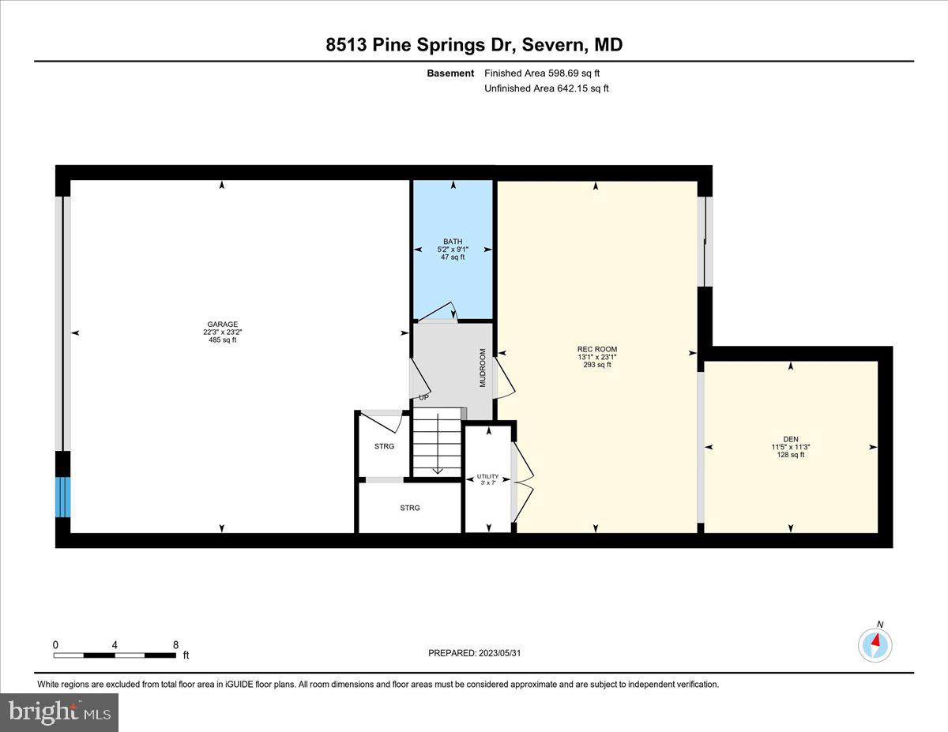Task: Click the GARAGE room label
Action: tap(223, 324)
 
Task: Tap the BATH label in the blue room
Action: tap(453, 241)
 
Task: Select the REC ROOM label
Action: tap(596, 349)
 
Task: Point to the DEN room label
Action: tap(791, 439)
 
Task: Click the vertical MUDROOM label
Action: tap(483, 367)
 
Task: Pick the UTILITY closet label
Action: tap(487, 476)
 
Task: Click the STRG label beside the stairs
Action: tap(384, 446)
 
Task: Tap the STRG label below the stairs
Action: tap(410, 508)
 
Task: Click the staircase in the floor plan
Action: tap(437, 442)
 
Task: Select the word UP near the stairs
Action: tap(423, 397)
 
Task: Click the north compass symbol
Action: tap(875, 644)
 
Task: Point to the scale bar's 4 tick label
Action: tap(115, 644)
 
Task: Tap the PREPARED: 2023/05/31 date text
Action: tap(474, 653)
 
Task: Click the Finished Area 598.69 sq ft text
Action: tap(542, 73)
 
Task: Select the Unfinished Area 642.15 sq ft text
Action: tap(546, 88)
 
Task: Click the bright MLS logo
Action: tap(59, 712)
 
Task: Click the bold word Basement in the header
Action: tap(450, 73)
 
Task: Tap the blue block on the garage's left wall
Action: tap(62, 497)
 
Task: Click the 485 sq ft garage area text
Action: tap(223, 340)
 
